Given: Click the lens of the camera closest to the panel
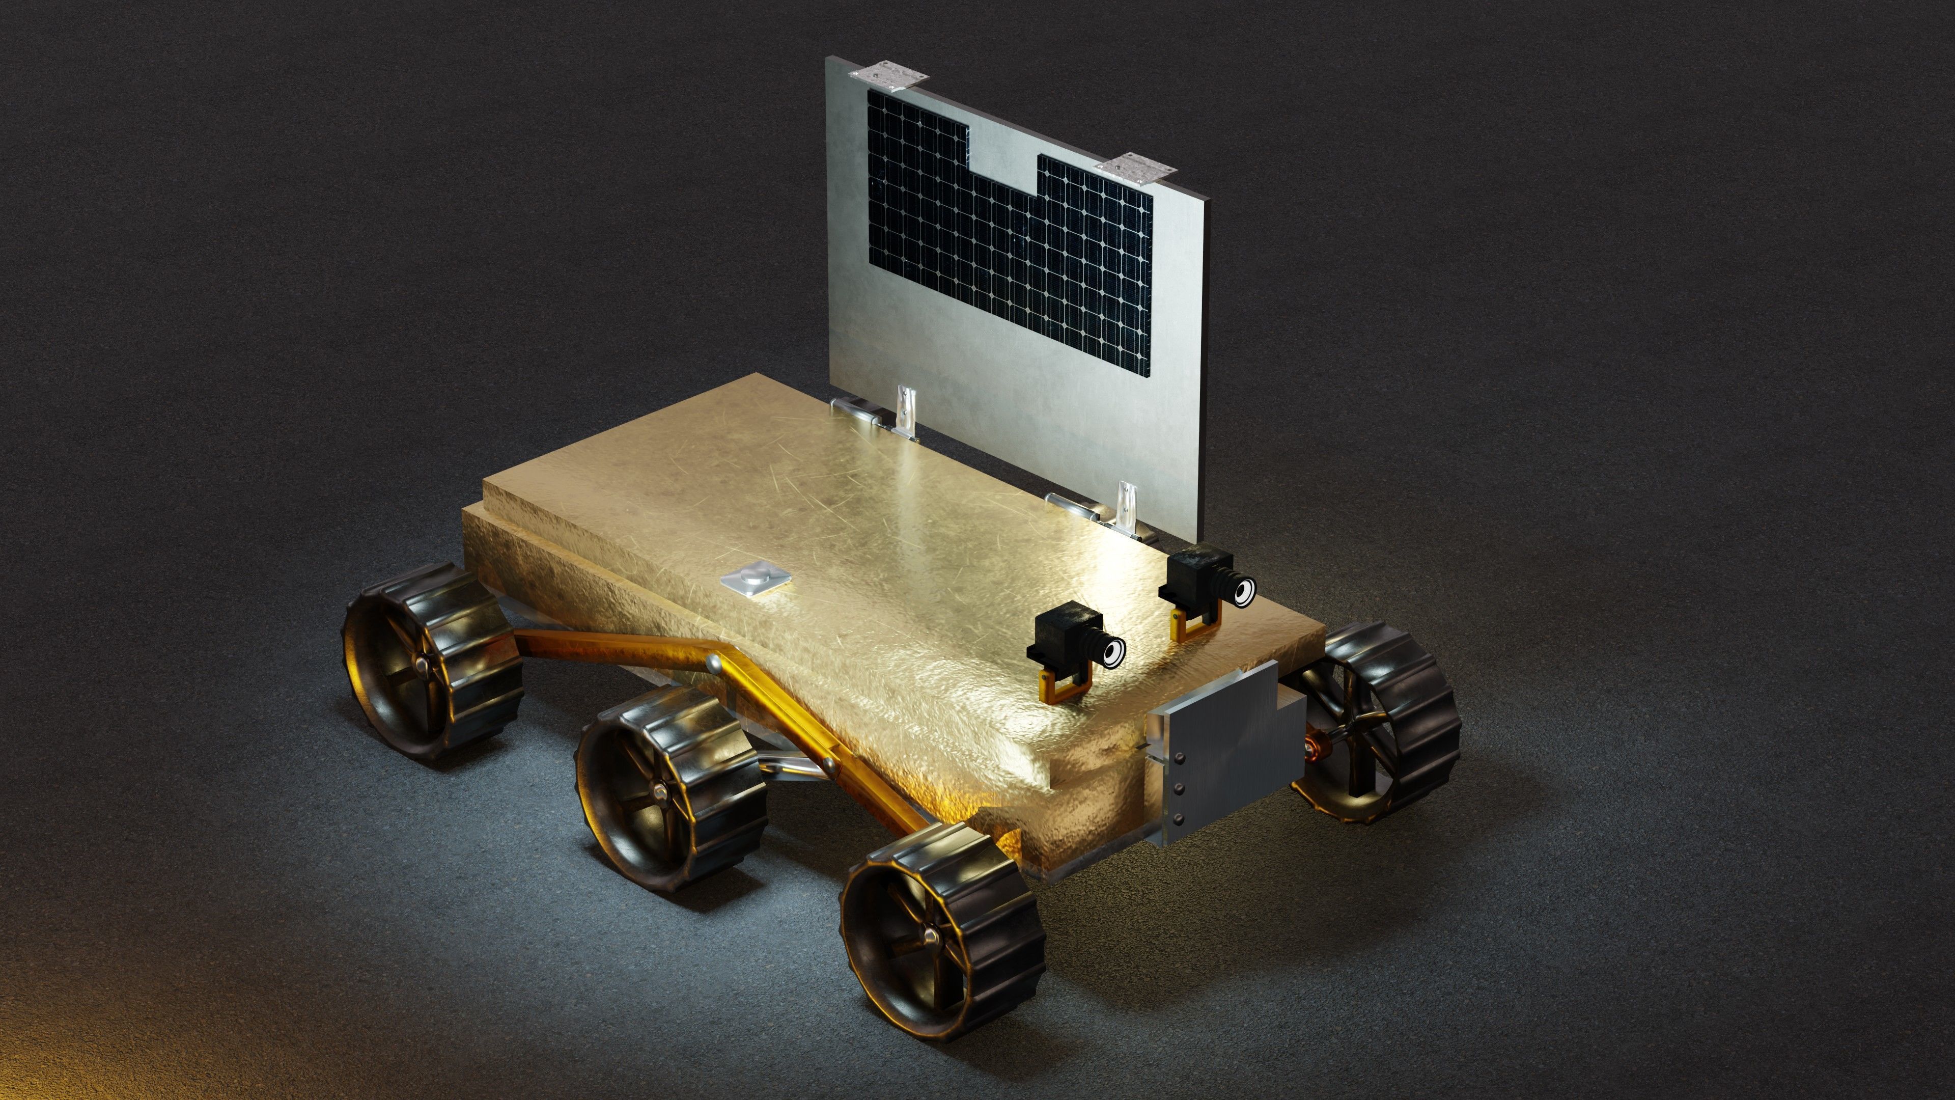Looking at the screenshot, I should tap(1242, 591).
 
